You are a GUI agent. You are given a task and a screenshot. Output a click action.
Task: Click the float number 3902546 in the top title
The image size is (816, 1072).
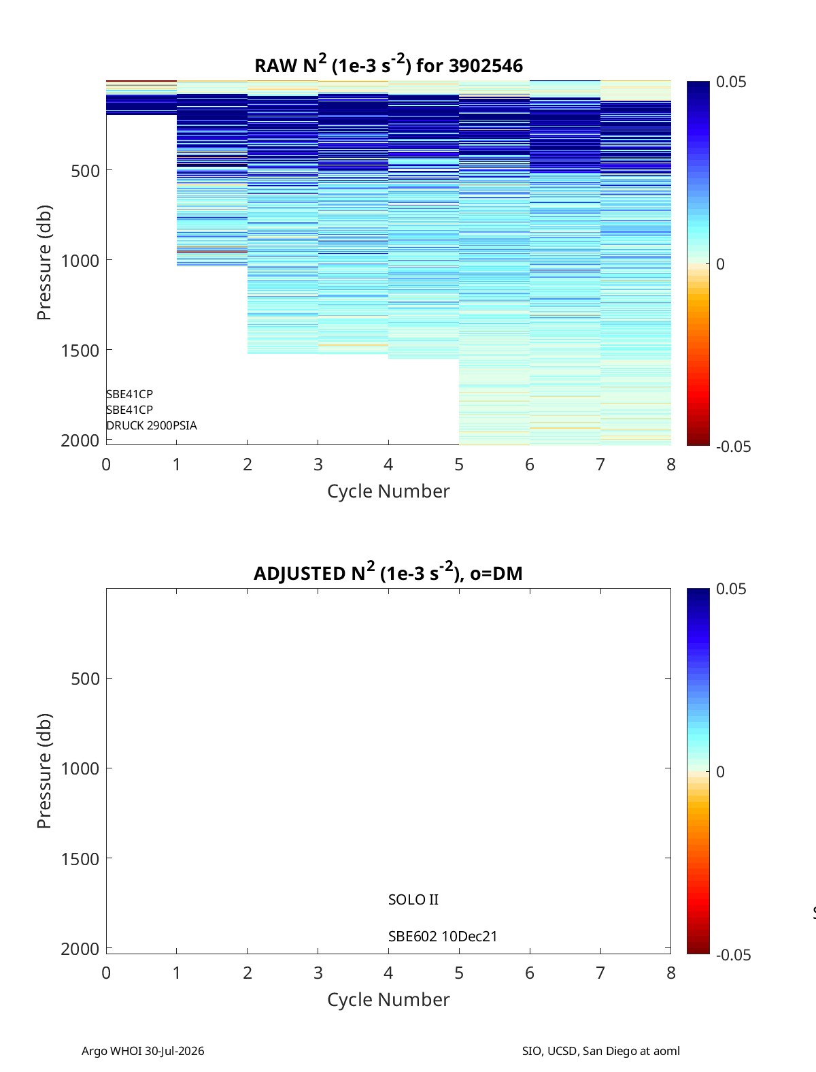pos(486,66)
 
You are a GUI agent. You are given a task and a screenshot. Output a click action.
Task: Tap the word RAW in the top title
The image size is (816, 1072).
pos(276,66)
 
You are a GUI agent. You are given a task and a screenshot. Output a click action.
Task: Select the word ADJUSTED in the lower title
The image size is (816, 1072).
pos(299,573)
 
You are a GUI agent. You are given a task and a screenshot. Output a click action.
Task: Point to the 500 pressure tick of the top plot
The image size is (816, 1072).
pos(86,171)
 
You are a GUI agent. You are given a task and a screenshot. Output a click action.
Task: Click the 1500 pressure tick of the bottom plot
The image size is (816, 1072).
pos(80,858)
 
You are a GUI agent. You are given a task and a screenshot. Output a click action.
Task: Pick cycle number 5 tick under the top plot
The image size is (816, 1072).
pos(459,464)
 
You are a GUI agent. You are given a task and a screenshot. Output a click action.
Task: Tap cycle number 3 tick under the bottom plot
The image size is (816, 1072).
pos(318,973)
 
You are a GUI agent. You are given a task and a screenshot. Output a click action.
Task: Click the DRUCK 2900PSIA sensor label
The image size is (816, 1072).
pos(152,425)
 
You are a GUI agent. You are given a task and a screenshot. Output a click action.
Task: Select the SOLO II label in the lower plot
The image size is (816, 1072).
pos(413,899)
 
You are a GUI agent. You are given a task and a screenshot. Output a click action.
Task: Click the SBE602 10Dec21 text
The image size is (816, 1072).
pos(443,937)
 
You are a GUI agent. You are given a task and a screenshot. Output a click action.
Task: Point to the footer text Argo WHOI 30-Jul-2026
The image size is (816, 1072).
pos(143,1050)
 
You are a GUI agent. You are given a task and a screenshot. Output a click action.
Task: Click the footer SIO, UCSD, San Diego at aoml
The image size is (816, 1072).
pos(601,1050)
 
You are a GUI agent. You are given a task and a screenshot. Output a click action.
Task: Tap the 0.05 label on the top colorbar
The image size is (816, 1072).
pos(731,82)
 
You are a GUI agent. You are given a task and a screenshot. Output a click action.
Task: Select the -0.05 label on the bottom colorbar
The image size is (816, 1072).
pos(734,955)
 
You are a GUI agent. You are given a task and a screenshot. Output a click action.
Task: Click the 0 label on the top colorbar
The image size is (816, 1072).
pos(720,264)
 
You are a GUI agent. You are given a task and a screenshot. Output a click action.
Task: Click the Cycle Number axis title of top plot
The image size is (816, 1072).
pos(388,491)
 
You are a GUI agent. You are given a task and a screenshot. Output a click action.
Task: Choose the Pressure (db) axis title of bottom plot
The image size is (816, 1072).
pos(44,771)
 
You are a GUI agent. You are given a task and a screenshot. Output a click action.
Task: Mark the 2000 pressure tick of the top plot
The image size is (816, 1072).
pos(80,440)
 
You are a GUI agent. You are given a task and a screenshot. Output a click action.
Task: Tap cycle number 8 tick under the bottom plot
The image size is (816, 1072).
pos(671,973)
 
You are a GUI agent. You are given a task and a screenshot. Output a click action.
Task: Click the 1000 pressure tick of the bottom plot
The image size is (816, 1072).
pos(80,768)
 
